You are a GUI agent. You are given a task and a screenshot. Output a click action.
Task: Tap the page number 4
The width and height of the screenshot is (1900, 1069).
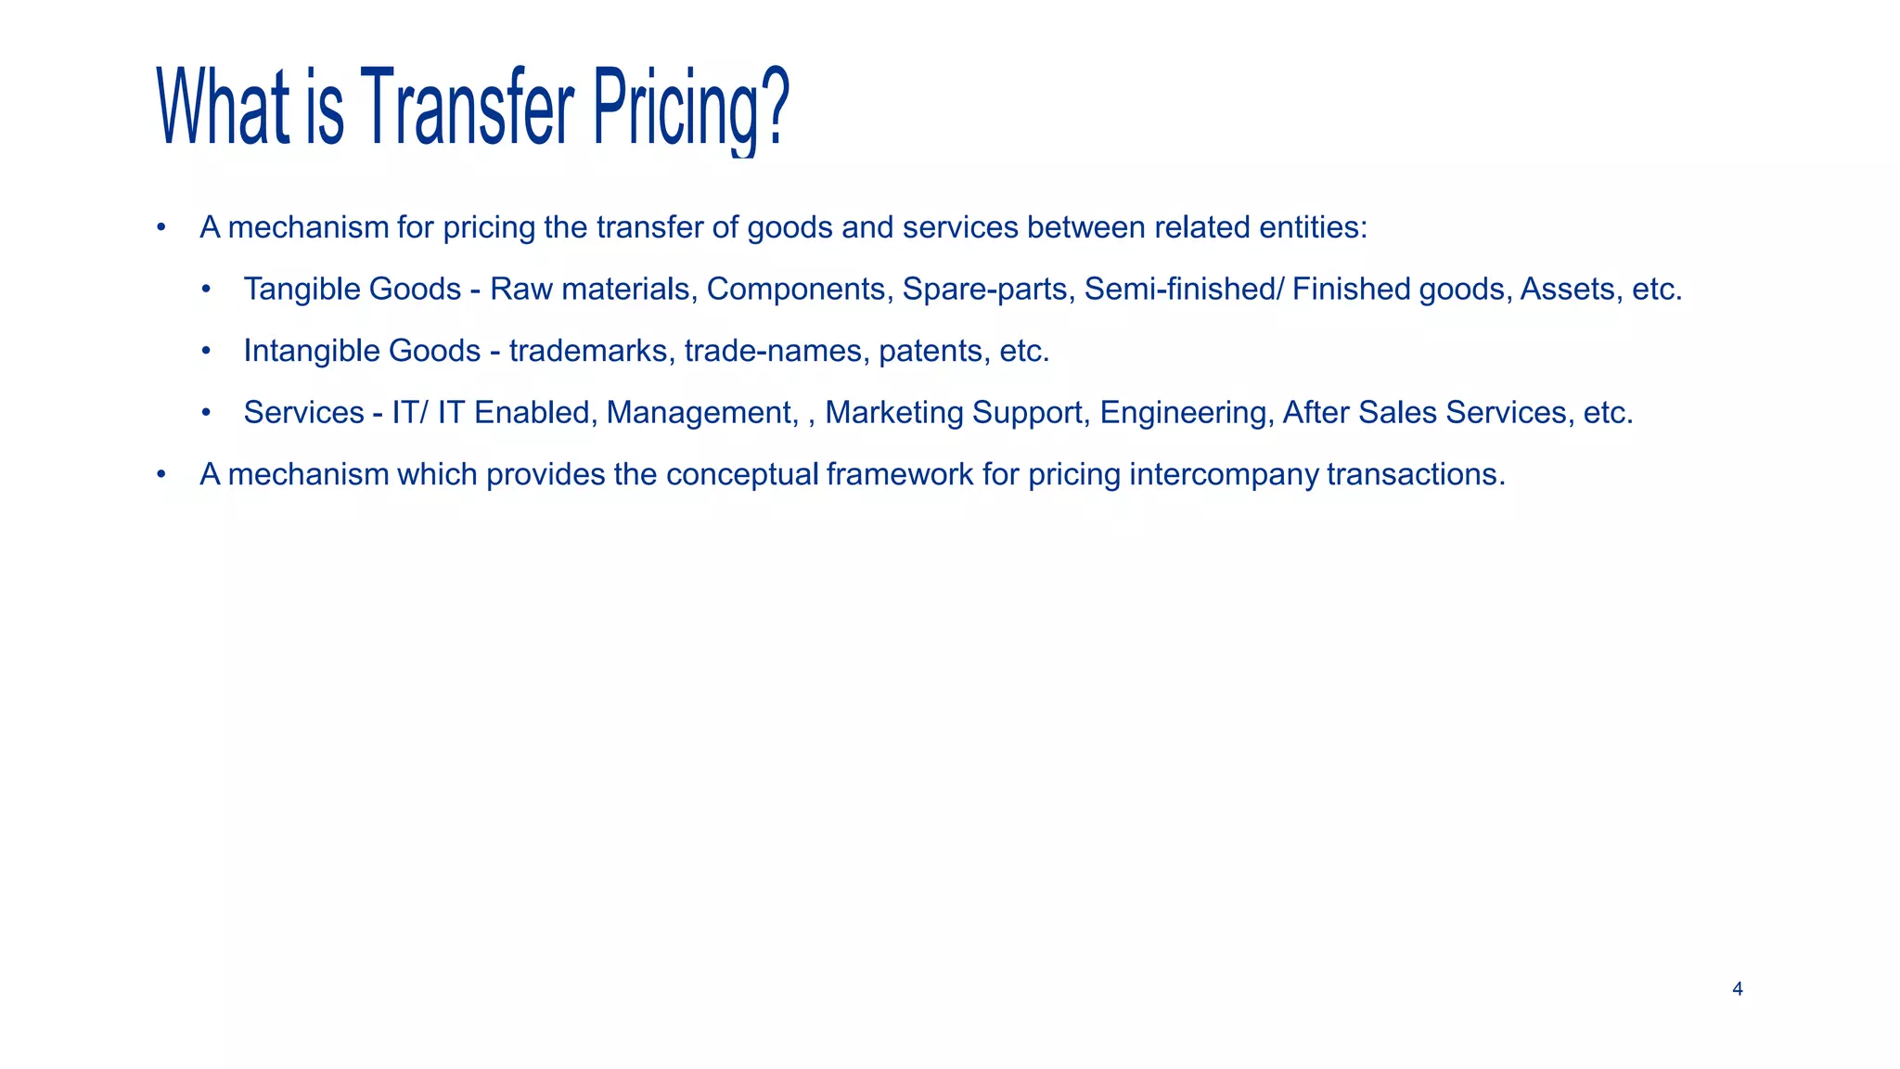1737,989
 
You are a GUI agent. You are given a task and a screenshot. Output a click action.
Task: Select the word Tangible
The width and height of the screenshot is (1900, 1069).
302,290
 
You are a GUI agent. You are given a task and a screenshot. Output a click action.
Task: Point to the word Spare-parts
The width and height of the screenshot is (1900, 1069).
984,290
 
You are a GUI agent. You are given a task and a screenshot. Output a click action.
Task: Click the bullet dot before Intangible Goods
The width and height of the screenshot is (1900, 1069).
206,351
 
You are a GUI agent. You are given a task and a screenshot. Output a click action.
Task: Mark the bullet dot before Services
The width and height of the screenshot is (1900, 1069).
206,413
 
